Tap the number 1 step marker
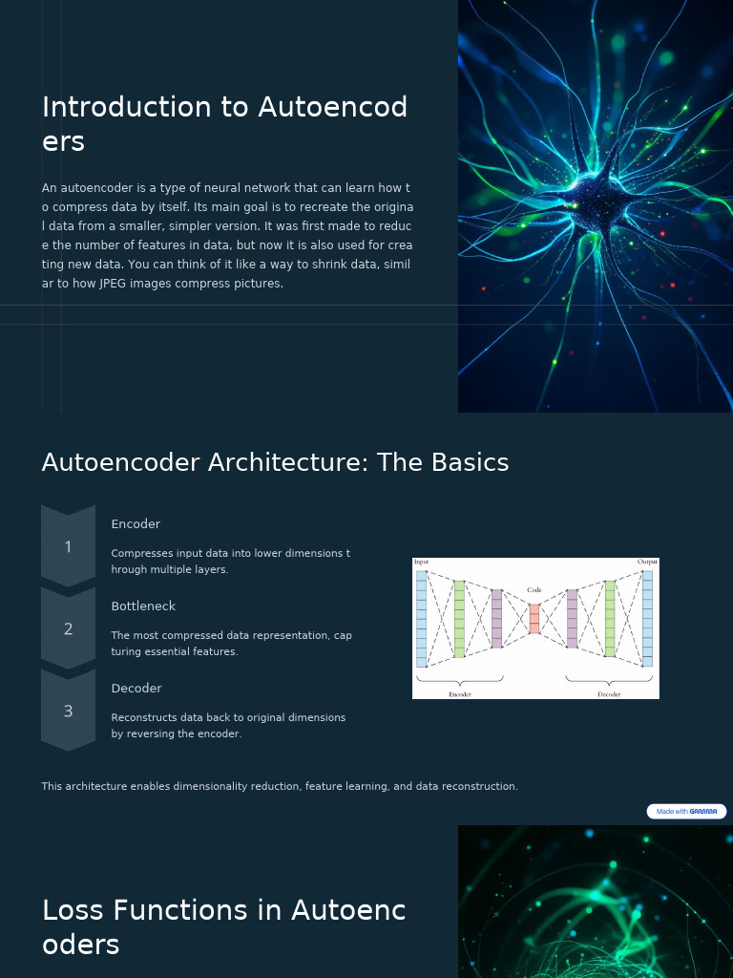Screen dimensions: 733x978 [x=68, y=547]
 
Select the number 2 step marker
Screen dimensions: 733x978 [x=68, y=629]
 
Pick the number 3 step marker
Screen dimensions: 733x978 [x=68, y=712]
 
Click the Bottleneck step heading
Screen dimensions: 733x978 [x=143, y=606]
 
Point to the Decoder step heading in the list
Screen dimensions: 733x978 [x=136, y=689]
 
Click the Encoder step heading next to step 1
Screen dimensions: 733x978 [x=136, y=524]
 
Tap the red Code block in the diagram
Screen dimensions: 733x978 [x=534, y=618]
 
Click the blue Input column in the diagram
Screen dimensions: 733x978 [x=422, y=618]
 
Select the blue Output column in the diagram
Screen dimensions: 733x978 [x=647, y=618]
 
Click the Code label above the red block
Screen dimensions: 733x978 [x=534, y=590]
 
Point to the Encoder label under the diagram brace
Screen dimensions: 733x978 [x=460, y=694]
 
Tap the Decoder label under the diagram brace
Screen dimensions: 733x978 [x=609, y=694]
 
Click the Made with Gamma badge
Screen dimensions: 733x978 [x=686, y=812]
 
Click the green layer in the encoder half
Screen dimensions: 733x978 [x=459, y=618]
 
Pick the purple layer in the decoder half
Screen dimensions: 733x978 [x=572, y=618]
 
